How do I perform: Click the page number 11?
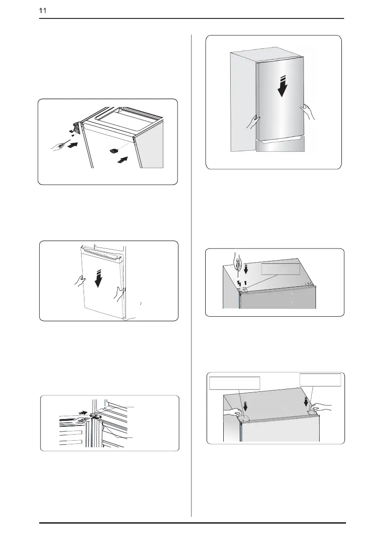pos(42,11)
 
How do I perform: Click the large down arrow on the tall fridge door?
pos(282,86)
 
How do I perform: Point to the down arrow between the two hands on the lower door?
pos(99,278)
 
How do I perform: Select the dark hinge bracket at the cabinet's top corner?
pos(77,128)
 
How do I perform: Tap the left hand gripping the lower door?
pos(80,281)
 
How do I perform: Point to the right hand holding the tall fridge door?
pos(308,112)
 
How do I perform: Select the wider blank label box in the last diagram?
pos(235,383)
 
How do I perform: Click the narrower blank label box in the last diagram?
pos(321,380)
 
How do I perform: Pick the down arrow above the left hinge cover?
pos(245,406)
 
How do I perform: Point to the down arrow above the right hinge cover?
pos(306,401)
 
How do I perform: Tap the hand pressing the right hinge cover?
pos(321,407)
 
